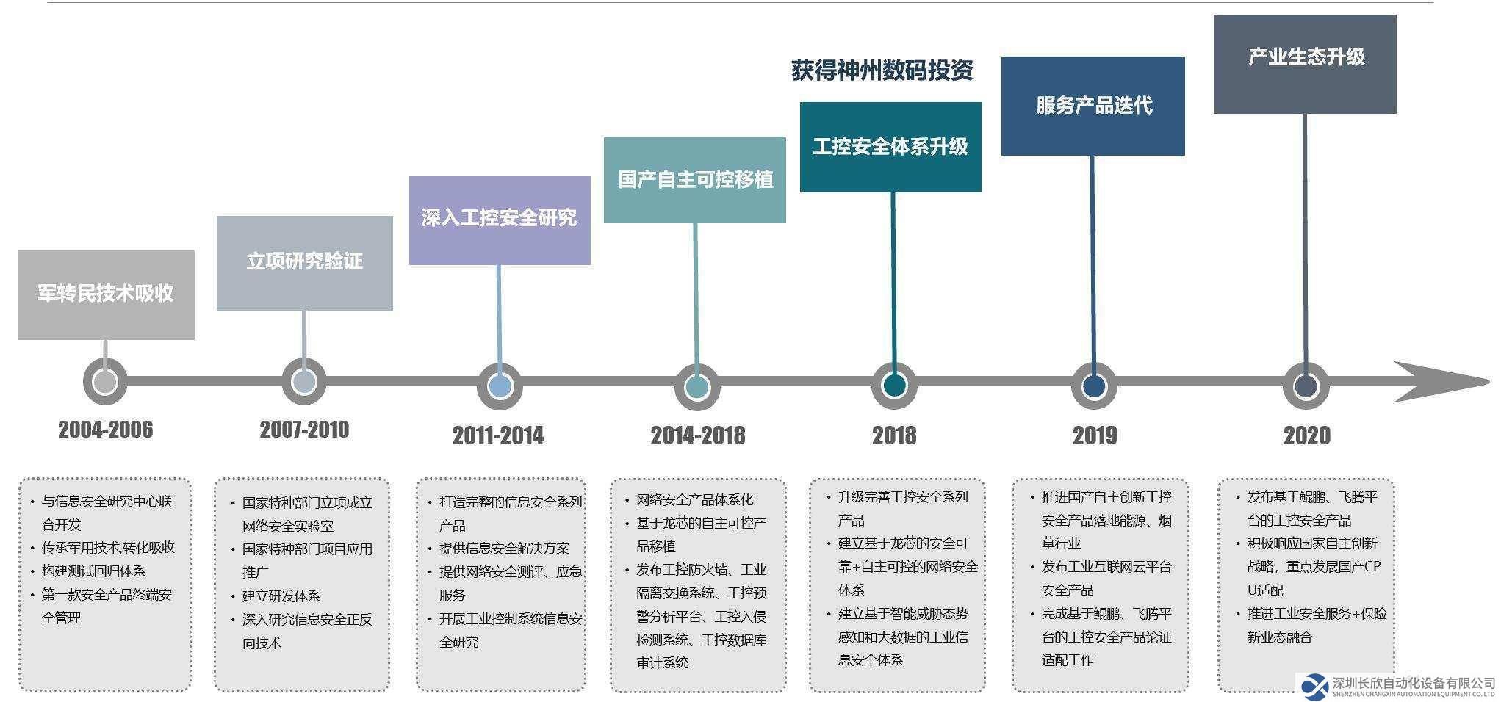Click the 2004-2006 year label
[x=106, y=430]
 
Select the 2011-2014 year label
[x=498, y=435]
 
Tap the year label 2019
[x=1095, y=435]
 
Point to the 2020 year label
[x=1307, y=435]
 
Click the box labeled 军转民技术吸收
[x=106, y=294]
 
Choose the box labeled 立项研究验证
[x=304, y=263]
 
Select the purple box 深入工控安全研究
[x=500, y=220]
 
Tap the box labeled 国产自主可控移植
[x=695, y=180]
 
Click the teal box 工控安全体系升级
[x=890, y=147]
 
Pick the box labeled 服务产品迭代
[x=1093, y=106]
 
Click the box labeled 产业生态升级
[x=1305, y=64]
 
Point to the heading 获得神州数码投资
[x=882, y=70]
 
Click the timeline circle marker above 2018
[x=894, y=386]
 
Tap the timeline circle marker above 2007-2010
[x=304, y=382]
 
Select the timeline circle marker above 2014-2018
[x=696, y=387]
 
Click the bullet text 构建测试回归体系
[x=93, y=571]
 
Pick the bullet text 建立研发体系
[x=281, y=596]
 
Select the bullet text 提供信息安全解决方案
[x=504, y=549]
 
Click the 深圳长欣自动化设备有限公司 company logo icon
[x=1315, y=687]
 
